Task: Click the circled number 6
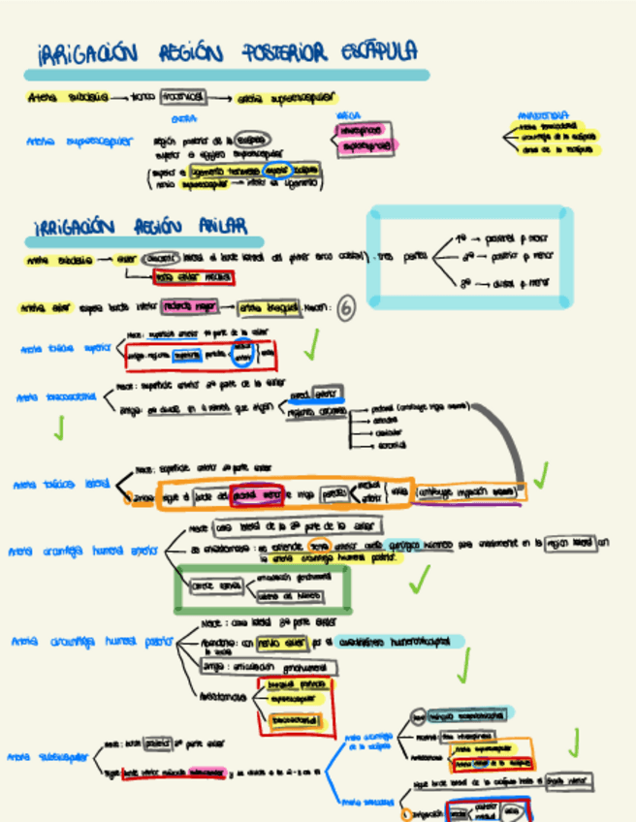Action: (x=346, y=307)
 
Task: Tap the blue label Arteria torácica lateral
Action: (x=61, y=484)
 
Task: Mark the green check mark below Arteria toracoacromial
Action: (x=59, y=427)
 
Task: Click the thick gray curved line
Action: (x=511, y=436)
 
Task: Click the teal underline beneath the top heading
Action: (x=228, y=75)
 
